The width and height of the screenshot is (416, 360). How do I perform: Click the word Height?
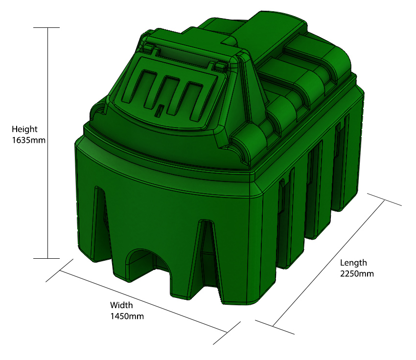24,130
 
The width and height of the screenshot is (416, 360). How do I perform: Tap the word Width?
120,306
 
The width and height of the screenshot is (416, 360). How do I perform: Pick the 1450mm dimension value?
127,316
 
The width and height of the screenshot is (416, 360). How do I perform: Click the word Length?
353,263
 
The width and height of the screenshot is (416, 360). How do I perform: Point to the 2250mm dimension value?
357,273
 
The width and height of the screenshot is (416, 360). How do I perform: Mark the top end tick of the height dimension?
47,28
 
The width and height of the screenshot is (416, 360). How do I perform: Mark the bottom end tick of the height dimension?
47,258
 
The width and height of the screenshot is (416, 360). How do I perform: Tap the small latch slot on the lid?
159,112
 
